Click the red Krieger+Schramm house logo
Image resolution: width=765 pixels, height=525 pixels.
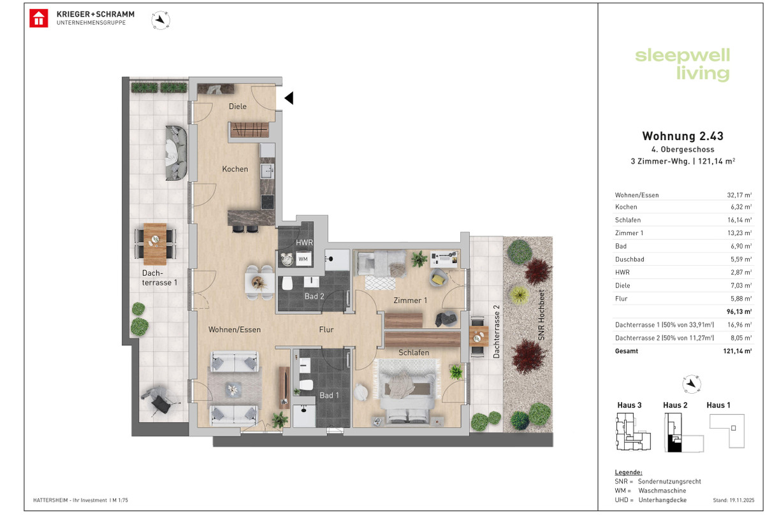[x=39, y=18]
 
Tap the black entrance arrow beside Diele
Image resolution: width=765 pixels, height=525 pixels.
[x=289, y=98]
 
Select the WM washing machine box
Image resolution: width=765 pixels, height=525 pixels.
[x=303, y=259]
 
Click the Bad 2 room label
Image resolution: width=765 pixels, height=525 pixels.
[x=314, y=296]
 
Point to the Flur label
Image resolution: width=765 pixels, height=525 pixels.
[x=326, y=329]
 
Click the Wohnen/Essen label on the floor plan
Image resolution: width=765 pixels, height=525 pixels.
[x=235, y=330]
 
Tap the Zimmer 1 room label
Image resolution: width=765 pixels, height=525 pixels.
[x=410, y=300]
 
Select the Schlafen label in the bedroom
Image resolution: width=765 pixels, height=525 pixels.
[x=414, y=352]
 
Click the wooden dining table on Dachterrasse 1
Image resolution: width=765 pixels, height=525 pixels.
[x=155, y=244]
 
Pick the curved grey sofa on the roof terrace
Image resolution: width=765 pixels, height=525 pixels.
[x=176, y=152]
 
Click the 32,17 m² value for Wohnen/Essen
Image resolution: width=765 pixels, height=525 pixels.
[x=739, y=195]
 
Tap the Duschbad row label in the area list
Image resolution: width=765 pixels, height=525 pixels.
[x=629, y=259]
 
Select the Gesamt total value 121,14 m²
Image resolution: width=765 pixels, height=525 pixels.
[x=738, y=351]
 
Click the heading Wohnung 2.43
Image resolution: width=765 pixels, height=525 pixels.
[x=682, y=136]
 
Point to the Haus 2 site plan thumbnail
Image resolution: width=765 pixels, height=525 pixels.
[x=683, y=432]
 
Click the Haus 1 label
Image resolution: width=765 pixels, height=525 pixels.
[x=718, y=405]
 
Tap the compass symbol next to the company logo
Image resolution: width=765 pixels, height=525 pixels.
[x=161, y=20]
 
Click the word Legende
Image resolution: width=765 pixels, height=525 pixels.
[x=629, y=472]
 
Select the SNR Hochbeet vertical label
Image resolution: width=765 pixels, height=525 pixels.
[x=541, y=315]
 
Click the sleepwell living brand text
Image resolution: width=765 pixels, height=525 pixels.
[x=682, y=65]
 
